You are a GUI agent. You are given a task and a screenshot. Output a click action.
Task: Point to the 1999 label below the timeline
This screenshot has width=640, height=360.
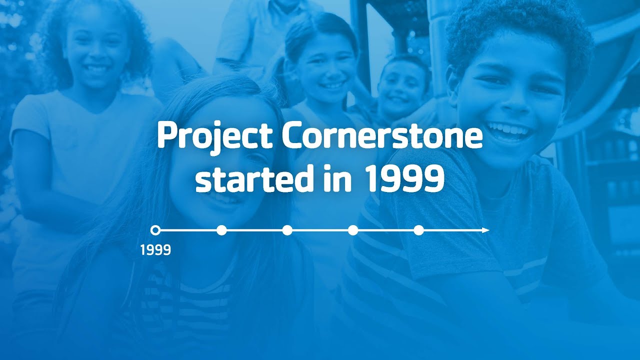pos(155,250)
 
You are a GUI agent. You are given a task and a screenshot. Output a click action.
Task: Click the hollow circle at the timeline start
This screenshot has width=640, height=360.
pos(155,230)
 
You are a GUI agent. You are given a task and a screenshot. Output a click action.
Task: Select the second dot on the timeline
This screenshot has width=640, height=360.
pos(221,230)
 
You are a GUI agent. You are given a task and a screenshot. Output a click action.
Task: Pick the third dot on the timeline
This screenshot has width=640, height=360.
pos(287,230)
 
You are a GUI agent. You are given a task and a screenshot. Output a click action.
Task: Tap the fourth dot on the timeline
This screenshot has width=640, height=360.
pos(353,230)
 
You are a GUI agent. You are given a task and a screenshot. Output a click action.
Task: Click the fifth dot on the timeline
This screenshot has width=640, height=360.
pos(419,230)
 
